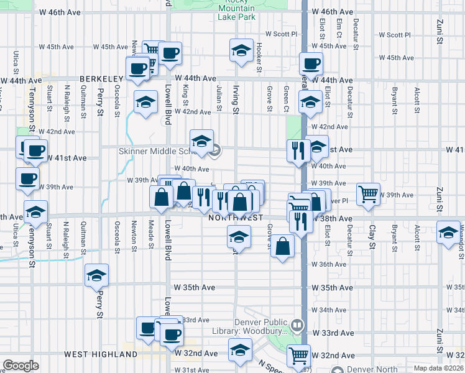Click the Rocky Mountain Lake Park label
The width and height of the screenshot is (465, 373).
[x=236, y=9]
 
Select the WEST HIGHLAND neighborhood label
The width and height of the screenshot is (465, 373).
[x=101, y=354]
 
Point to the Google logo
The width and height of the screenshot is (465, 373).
[x=21, y=366]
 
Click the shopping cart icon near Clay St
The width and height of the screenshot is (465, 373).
[x=368, y=193]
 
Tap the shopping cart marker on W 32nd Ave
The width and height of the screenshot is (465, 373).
[x=298, y=355]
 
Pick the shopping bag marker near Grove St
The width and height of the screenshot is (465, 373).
[x=282, y=246]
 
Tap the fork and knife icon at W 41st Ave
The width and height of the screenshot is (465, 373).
[x=298, y=150]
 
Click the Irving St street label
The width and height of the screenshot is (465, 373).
[x=236, y=100]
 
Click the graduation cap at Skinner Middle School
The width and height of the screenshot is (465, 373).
[x=201, y=142]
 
